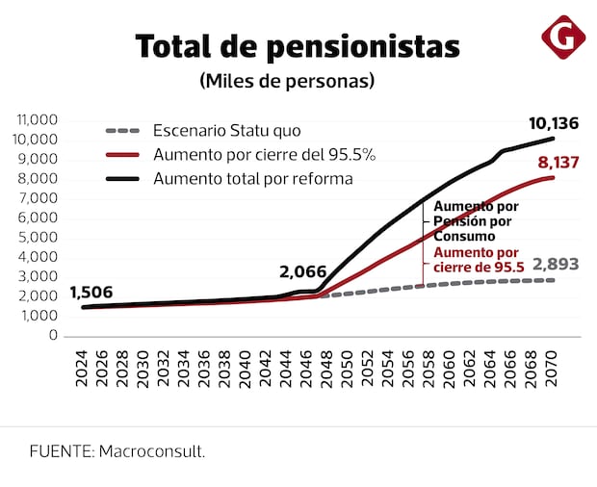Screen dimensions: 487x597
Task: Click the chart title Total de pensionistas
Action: tap(297, 46)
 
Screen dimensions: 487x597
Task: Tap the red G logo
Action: tap(563, 38)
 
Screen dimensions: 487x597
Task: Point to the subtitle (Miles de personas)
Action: tap(286, 81)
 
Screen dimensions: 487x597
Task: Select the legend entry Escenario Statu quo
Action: tap(227, 131)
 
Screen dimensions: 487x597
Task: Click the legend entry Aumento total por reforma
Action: tap(253, 178)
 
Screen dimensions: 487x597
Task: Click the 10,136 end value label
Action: tap(555, 123)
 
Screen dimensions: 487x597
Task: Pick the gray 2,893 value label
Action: tap(556, 264)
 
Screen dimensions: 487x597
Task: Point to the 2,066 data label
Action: tap(302, 272)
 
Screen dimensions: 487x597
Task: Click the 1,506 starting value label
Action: tap(92, 293)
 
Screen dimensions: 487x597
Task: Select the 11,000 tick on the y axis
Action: tap(39, 120)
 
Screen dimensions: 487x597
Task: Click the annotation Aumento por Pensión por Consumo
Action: tap(477, 220)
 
